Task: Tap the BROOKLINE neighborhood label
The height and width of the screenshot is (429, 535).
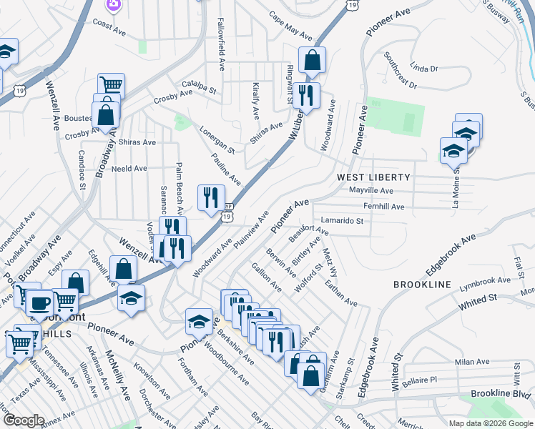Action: pos(422,285)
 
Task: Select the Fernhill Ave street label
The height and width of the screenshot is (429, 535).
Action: pos(384,207)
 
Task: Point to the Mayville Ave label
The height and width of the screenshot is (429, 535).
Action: pos(371,191)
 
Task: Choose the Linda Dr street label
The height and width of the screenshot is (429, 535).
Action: pos(424,69)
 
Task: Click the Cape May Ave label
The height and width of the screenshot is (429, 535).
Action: pos(290,25)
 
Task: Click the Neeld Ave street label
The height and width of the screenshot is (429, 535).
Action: pos(129,169)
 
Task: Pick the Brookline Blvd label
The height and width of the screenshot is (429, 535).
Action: pos(500,394)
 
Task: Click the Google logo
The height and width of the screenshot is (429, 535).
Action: pos(23,420)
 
